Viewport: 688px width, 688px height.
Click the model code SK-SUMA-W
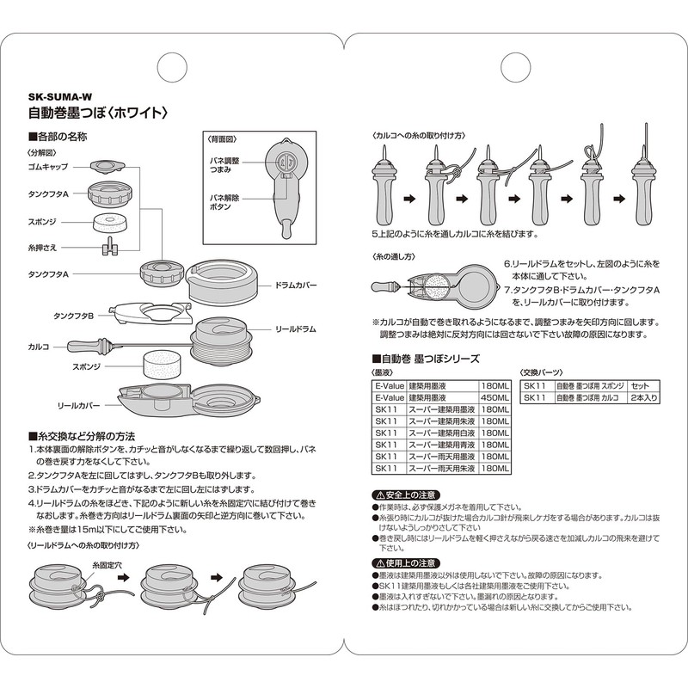(60, 97)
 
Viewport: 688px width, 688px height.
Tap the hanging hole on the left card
(172, 68)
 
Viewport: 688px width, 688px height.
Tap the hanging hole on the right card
(516, 68)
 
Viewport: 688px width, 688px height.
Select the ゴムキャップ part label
(48, 167)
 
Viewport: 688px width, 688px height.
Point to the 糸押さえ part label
(42, 248)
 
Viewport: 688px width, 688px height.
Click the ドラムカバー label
(296, 286)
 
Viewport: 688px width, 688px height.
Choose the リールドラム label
(296, 329)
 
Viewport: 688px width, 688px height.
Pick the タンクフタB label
(74, 316)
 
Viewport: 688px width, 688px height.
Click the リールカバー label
(78, 406)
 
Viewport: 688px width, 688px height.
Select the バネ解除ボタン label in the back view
(224, 202)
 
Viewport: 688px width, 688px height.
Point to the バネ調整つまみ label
(224, 165)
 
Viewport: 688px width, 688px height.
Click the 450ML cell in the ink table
(495, 397)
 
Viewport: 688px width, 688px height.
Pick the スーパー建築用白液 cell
(442, 433)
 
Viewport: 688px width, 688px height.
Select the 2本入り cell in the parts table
(644, 397)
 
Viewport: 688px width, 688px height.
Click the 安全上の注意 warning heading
(406, 495)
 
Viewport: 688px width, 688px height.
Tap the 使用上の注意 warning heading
(406, 563)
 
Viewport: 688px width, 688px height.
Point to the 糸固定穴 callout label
(107, 565)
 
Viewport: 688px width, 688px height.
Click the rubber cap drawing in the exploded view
(107, 166)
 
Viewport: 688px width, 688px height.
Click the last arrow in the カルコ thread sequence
(619, 199)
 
